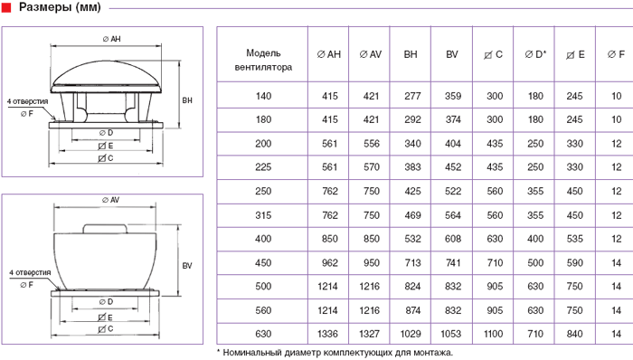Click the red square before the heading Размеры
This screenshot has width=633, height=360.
[6, 7]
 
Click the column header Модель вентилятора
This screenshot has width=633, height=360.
[263, 60]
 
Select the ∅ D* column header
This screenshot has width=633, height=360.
[535, 54]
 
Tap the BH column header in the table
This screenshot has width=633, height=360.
[411, 54]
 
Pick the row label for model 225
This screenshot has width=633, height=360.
[263, 167]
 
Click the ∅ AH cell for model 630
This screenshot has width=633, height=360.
[327, 334]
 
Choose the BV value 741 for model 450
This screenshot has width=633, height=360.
[453, 262]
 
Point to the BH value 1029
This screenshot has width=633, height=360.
[411, 334]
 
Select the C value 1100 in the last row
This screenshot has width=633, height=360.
[493, 334]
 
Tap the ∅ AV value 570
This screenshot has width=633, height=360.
[372, 167]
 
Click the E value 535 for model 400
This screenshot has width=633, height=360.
[574, 239]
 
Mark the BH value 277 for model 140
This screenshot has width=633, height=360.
[412, 96]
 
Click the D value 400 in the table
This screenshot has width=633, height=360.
[535, 239]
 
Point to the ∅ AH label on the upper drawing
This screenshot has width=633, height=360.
[111, 39]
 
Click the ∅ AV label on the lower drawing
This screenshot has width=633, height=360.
[110, 200]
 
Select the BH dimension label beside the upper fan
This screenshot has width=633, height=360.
[187, 100]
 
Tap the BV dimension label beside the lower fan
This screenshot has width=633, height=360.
[187, 266]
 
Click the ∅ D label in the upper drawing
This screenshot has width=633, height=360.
[106, 133]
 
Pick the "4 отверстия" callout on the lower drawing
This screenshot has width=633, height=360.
[30, 272]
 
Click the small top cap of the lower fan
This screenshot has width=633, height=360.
[105, 229]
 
